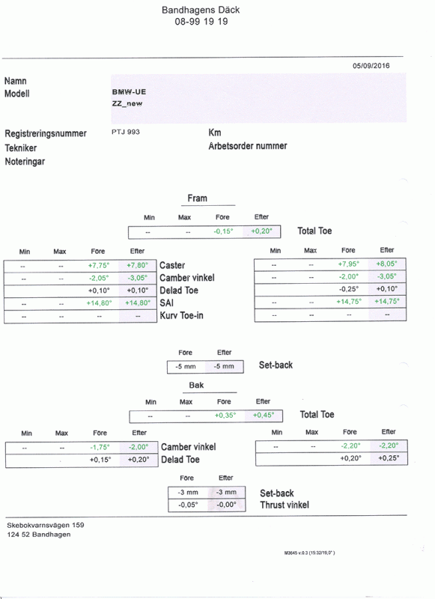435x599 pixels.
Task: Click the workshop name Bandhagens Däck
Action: click(x=201, y=10)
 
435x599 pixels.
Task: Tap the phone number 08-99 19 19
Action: click(x=201, y=22)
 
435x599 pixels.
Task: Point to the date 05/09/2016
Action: click(x=371, y=66)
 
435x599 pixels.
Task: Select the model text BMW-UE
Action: click(x=129, y=91)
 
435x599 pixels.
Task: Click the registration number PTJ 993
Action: click(x=126, y=132)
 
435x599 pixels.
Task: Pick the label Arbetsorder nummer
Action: click(x=248, y=146)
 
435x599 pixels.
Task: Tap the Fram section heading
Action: click(x=198, y=198)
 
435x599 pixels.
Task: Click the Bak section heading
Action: click(x=196, y=385)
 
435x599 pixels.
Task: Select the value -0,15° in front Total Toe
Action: click(x=223, y=231)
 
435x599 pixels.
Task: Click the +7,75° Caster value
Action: click(x=99, y=265)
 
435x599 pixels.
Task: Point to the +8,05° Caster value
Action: click(x=386, y=264)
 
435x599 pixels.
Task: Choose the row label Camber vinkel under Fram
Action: click(x=187, y=278)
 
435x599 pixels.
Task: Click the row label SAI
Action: click(x=166, y=303)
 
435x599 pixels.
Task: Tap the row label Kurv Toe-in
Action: click(x=181, y=315)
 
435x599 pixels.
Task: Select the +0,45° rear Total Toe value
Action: click(x=264, y=415)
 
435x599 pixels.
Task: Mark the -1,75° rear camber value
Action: click(x=100, y=447)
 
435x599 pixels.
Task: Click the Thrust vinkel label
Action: click(x=285, y=505)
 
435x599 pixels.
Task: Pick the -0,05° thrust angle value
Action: click(x=188, y=505)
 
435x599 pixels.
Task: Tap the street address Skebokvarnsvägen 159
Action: click(x=46, y=526)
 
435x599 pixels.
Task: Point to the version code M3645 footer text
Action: click(x=309, y=553)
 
